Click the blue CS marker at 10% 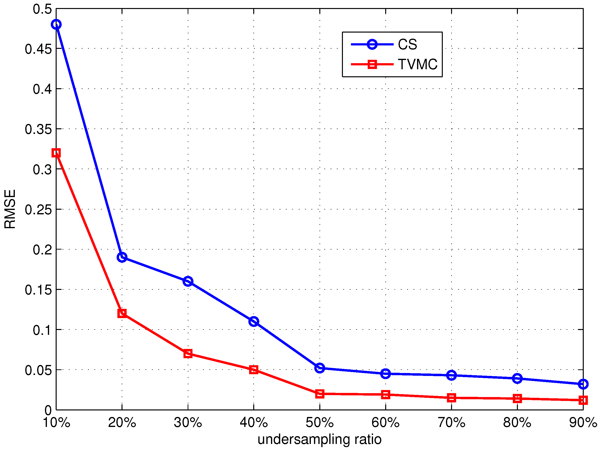[x=56, y=25]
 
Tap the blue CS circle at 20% [x=122, y=257]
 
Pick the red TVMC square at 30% [x=188, y=354]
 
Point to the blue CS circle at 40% [x=254, y=321]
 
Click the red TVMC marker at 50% [x=320, y=394]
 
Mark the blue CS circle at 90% [x=583, y=384]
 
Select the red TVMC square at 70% [x=452, y=398]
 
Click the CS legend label [x=407, y=44]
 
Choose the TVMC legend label [x=418, y=64]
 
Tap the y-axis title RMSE [x=10, y=209]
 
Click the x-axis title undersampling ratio [x=320, y=439]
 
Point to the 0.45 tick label [x=38, y=49]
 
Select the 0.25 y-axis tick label [x=38, y=210]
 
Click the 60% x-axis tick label [x=385, y=423]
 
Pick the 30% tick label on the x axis [x=188, y=423]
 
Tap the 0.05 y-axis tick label [x=38, y=370]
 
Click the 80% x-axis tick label [x=517, y=423]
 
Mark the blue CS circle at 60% [x=385, y=373]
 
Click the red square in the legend [x=372, y=64]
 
